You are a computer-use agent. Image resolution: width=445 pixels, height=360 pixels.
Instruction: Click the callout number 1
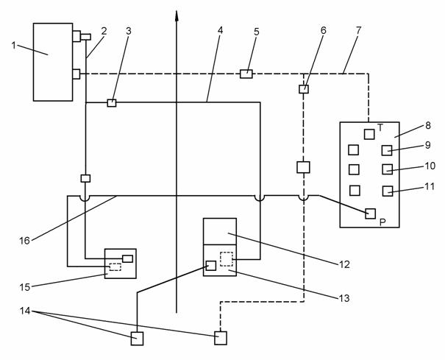(x=14, y=45)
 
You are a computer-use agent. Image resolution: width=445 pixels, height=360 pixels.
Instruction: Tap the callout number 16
(x=25, y=241)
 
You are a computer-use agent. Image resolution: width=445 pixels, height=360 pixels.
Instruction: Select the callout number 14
(x=25, y=311)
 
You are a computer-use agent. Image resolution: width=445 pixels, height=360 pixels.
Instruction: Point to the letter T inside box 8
(x=380, y=128)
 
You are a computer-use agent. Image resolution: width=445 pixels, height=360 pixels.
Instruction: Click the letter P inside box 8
(x=382, y=222)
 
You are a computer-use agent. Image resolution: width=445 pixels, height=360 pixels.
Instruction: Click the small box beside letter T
(x=369, y=134)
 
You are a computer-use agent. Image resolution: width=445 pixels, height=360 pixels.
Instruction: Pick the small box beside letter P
(x=371, y=213)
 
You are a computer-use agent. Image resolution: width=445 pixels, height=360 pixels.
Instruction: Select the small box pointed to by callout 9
(x=387, y=150)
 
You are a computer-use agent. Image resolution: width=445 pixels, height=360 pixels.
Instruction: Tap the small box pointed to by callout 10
(x=388, y=169)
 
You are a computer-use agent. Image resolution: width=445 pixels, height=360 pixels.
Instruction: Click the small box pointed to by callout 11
(x=388, y=191)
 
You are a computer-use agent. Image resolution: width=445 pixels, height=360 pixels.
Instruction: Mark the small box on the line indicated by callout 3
(x=112, y=103)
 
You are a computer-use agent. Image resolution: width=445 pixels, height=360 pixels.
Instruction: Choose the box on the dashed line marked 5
(x=246, y=74)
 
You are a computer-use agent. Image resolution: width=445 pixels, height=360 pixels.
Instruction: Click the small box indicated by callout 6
(x=304, y=89)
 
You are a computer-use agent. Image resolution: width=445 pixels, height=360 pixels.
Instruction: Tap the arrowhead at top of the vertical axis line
(x=177, y=15)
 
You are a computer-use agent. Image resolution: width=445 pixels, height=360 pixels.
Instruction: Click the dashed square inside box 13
(x=227, y=259)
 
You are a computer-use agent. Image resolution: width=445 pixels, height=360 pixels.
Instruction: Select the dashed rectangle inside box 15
(x=115, y=267)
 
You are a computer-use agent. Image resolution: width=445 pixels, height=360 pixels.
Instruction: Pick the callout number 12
(x=344, y=264)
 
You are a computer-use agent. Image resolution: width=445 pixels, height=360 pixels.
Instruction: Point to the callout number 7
(x=359, y=30)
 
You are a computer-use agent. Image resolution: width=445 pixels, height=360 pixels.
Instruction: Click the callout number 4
(x=220, y=30)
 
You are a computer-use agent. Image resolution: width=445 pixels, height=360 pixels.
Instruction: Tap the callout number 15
(x=25, y=287)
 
